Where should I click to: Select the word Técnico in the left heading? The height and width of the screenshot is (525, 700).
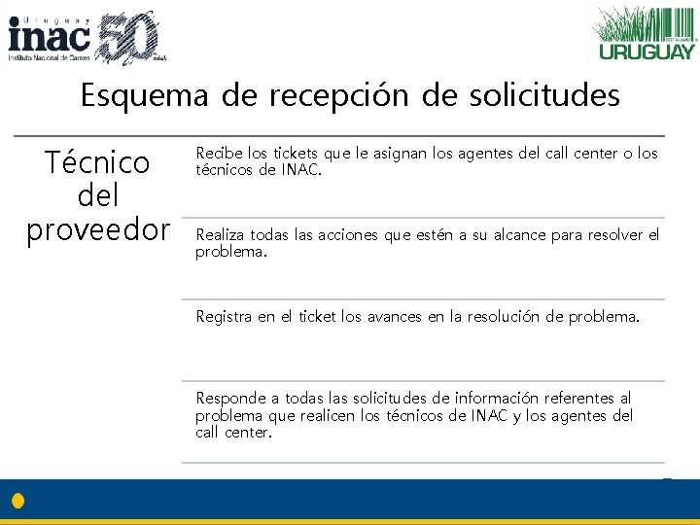click(97, 162)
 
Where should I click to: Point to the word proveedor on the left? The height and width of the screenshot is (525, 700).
click(97, 230)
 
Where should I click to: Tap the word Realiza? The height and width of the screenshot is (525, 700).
click(221, 235)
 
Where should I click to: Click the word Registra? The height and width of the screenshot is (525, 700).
click(224, 317)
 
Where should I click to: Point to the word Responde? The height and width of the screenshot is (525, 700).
click(231, 399)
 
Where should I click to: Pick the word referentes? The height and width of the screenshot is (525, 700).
click(587, 399)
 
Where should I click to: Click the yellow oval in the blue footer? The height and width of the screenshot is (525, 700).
click(17, 502)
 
